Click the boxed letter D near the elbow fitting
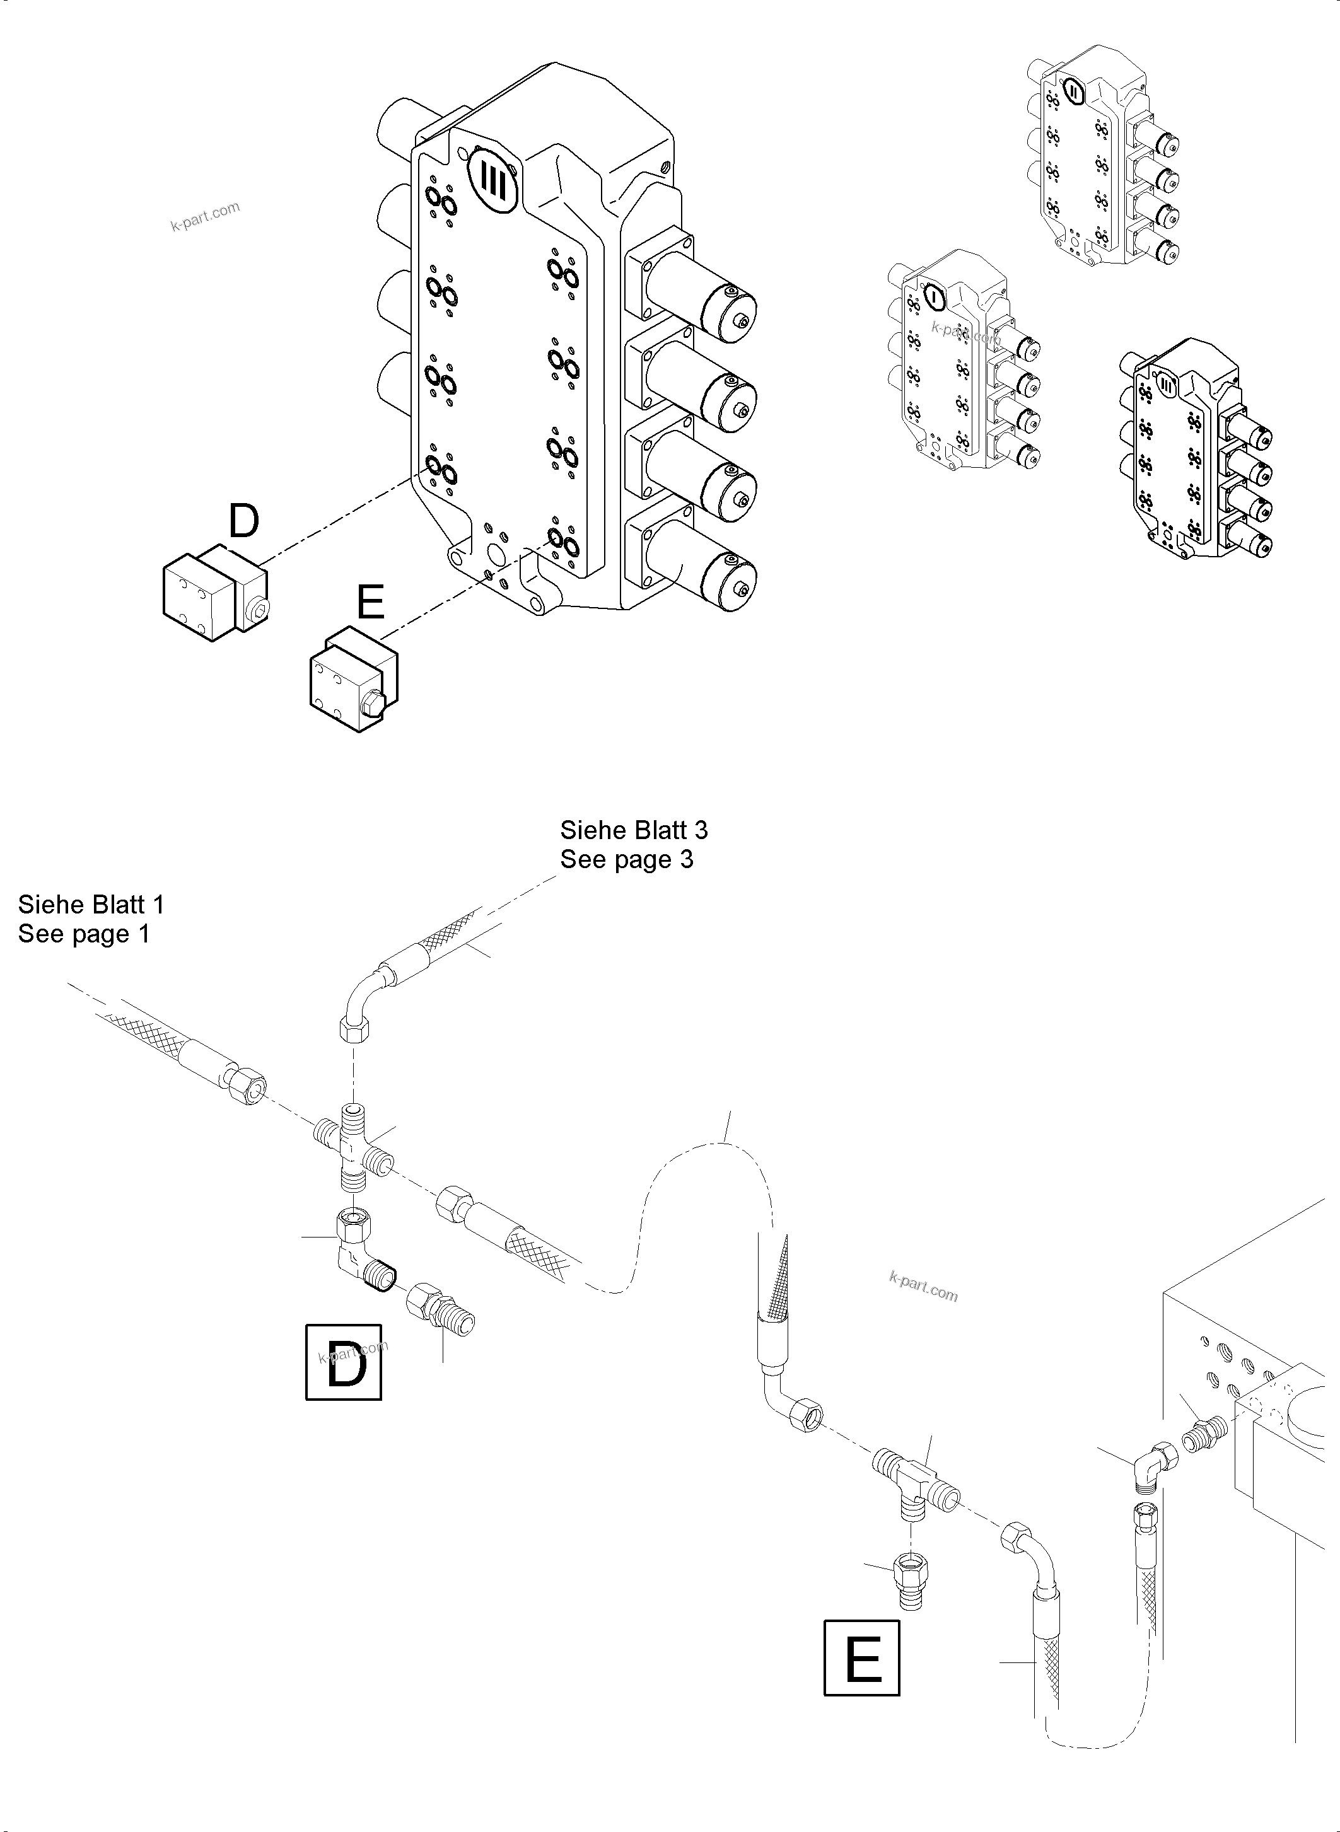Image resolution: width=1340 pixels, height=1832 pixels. (x=343, y=1362)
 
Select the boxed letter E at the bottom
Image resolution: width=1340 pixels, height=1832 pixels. (x=861, y=1657)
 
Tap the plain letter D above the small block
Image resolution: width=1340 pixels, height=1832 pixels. (x=243, y=521)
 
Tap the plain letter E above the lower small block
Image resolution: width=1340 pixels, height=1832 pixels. (x=371, y=604)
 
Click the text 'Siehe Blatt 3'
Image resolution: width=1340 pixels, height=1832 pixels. (x=634, y=830)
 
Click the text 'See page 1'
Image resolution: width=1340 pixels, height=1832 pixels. (x=83, y=934)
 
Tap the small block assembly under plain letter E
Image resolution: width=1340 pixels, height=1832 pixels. (x=354, y=680)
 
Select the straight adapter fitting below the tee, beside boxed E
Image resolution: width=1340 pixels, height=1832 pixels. (x=910, y=1580)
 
